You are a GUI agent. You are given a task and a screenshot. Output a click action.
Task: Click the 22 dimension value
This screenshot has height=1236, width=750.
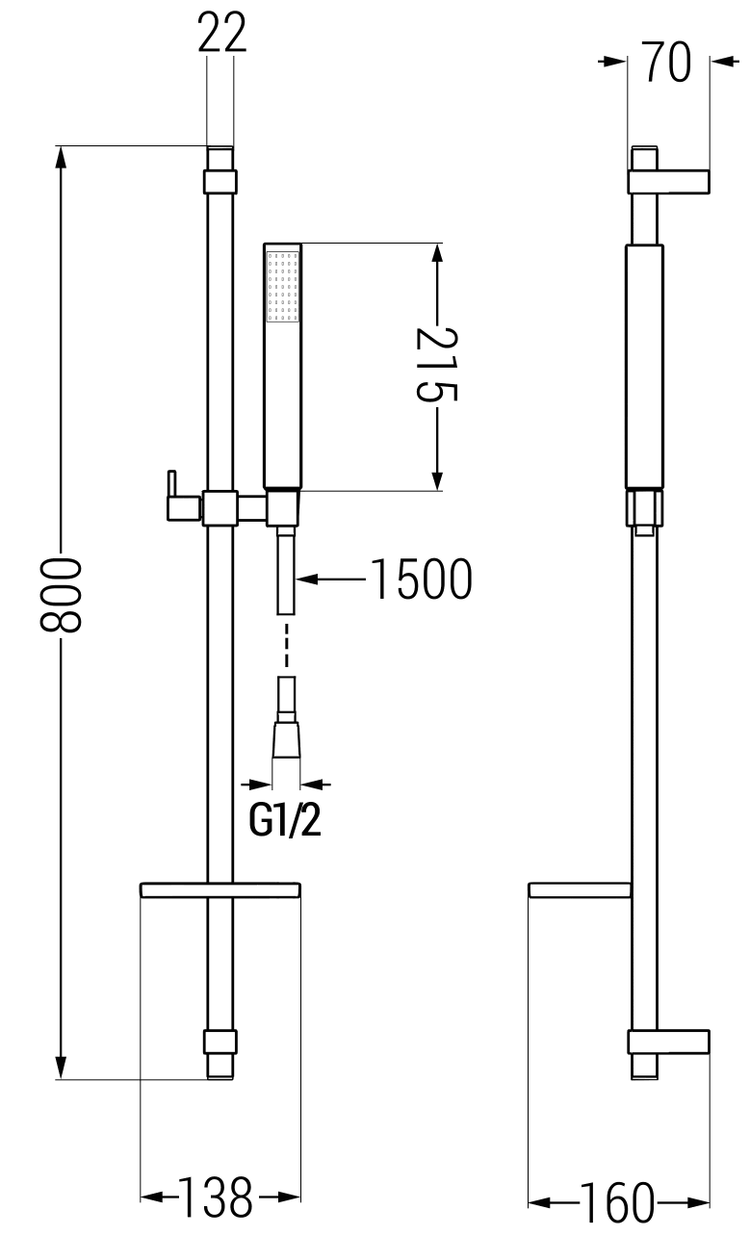tap(222, 35)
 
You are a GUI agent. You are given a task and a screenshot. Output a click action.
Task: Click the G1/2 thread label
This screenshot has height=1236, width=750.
tap(285, 820)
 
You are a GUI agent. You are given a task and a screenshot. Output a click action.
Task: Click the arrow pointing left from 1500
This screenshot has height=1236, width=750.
tap(308, 579)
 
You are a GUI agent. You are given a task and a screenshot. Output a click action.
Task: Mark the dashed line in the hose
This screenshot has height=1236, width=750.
tap(286, 645)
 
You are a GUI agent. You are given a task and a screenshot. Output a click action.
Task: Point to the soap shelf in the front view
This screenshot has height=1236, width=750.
tap(221, 889)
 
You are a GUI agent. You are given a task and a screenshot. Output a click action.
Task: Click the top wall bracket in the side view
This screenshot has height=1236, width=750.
tap(669, 181)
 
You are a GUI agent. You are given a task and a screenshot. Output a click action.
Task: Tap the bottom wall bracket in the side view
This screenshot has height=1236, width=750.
tap(669, 1042)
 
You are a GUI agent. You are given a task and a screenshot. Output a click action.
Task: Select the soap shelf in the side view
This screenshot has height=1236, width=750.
tap(581, 889)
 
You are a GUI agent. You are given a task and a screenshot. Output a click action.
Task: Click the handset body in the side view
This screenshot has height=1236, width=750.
tap(644, 366)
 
